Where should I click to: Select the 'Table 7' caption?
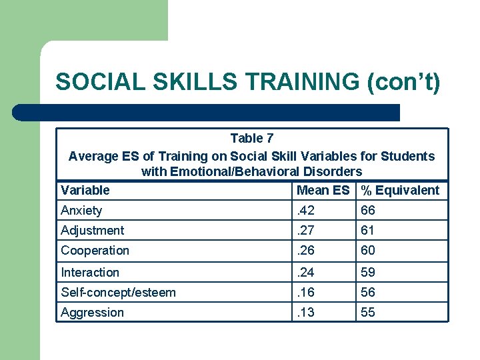click(251, 139)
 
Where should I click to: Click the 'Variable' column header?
click(85, 190)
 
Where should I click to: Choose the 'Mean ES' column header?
click(323, 190)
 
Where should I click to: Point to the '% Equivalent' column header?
click(400, 190)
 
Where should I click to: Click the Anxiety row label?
click(81, 211)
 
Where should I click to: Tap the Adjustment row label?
click(92, 231)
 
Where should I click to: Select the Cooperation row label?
click(95, 251)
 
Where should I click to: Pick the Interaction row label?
click(90, 272)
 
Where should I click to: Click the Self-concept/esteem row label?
click(118, 292)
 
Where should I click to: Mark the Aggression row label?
click(92, 312)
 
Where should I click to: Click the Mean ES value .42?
click(307, 211)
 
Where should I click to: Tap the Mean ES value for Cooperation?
click(307, 251)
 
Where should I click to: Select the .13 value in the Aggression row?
click(307, 312)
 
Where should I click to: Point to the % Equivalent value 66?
click(368, 211)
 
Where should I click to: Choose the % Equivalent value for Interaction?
click(368, 272)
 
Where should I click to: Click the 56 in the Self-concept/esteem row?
click(368, 292)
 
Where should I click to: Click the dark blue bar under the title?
click(207, 112)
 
